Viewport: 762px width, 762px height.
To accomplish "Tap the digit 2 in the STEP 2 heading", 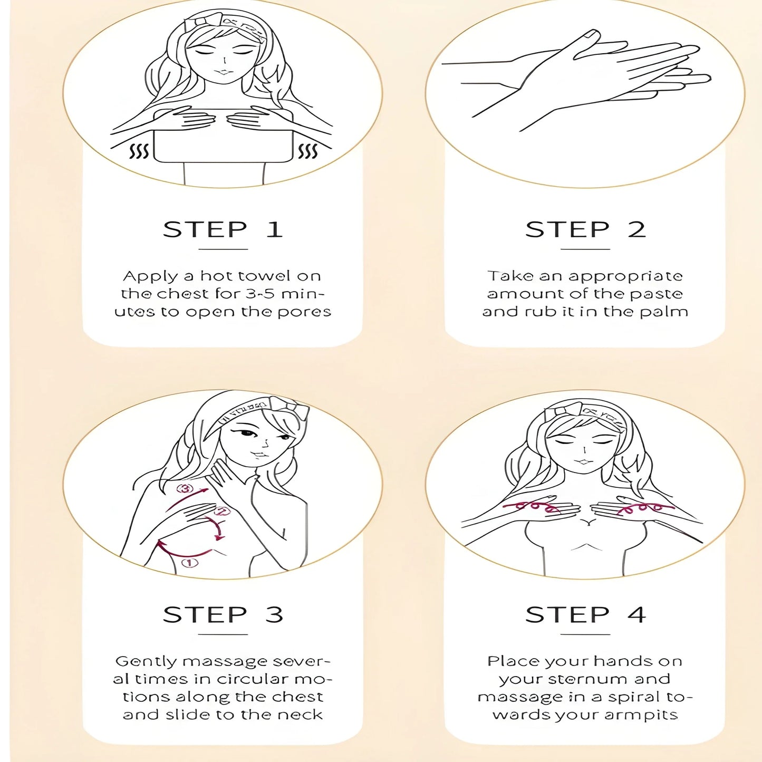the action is tap(636, 229).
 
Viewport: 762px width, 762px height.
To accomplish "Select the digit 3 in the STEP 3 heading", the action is tap(274, 614).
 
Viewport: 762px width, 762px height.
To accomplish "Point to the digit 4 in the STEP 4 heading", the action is tap(636, 614).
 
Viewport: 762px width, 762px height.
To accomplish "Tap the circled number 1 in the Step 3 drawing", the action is tap(190, 562).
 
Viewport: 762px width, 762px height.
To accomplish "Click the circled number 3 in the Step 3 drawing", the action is tap(185, 489).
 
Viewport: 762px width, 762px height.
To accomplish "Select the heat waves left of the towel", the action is tap(139, 151).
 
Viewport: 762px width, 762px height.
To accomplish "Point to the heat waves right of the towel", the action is tap(307, 151).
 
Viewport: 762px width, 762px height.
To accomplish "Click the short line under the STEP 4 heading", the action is tap(585, 635).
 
